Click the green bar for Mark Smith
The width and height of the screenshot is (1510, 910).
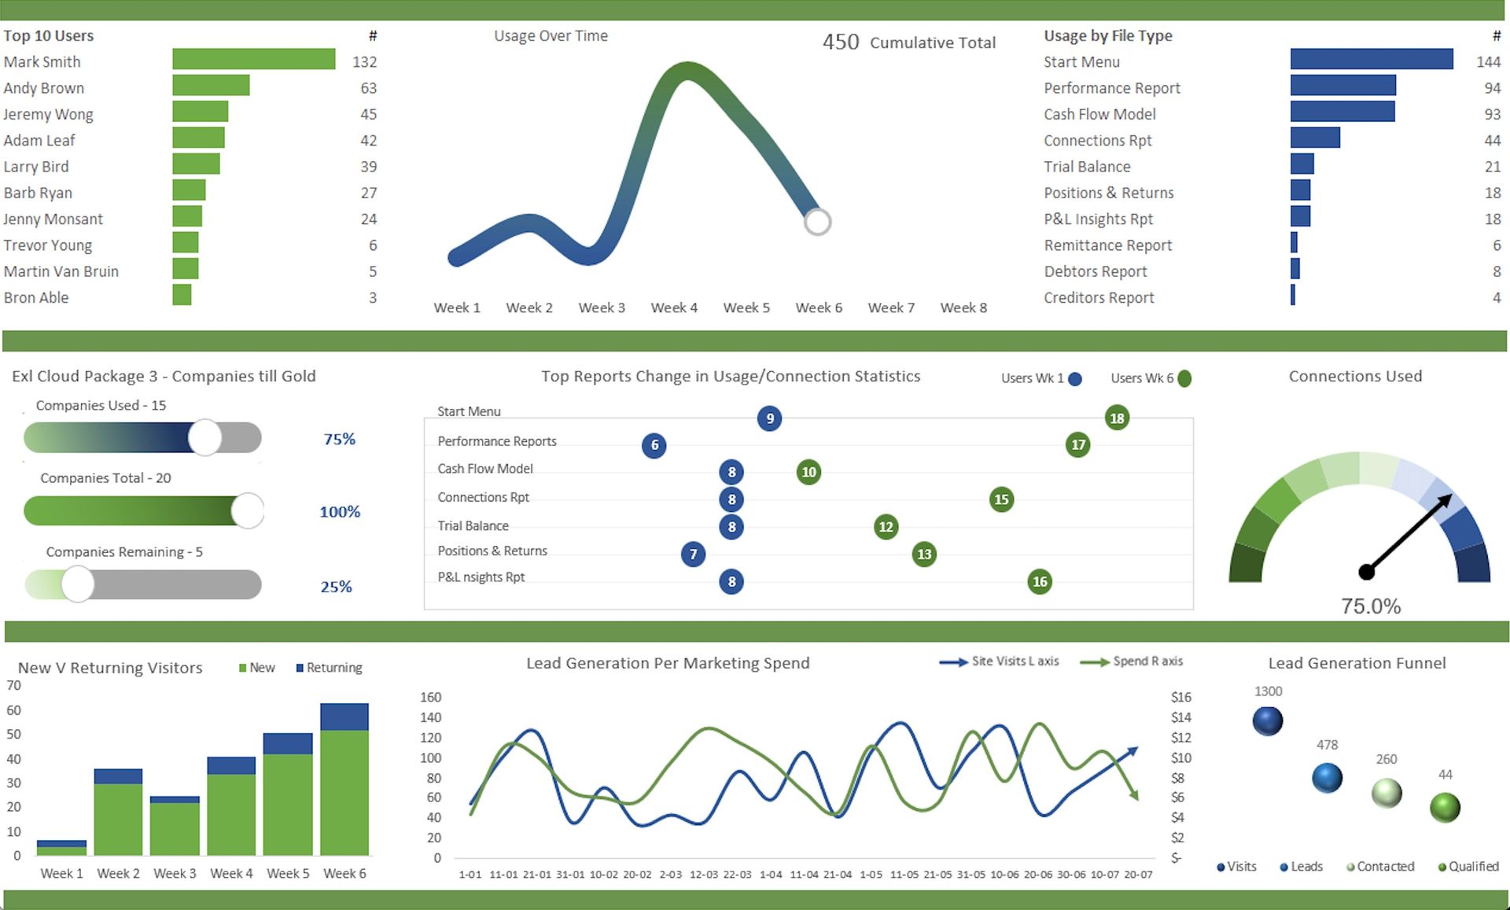tap(253, 60)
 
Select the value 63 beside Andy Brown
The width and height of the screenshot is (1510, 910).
tap(368, 88)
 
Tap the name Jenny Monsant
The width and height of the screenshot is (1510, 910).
tap(53, 219)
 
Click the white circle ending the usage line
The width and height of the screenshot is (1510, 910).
tap(817, 222)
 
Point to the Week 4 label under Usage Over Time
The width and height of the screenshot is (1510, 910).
tap(674, 308)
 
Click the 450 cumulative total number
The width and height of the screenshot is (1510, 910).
tap(841, 42)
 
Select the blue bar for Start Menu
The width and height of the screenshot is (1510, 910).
tap(1371, 60)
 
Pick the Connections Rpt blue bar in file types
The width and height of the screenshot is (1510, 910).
tap(1315, 138)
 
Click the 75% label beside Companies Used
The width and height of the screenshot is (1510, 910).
tap(339, 439)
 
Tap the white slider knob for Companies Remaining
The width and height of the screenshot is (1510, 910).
tap(78, 584)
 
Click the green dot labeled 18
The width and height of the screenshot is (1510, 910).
tap(1117, 418)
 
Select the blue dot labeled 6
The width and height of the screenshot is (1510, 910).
tap(654, 445)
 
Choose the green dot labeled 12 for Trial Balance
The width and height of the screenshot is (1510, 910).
tap(886, 526)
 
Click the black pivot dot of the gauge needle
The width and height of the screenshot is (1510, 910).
tap(1367, 572)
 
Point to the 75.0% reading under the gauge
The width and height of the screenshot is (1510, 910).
tap(1371, 606)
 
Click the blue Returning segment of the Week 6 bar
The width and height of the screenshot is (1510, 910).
tap(344, 717)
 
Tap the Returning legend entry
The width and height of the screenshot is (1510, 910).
tap(330, 668)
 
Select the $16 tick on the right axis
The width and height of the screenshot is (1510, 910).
tap(1180, 697)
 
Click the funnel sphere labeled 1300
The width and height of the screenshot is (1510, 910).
tap(1268, 720)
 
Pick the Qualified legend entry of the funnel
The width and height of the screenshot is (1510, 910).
tap(1468, 866)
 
